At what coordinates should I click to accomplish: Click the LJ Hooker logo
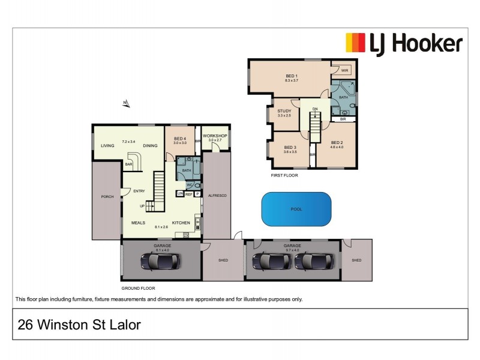pyautogui.click(x=403, y=43)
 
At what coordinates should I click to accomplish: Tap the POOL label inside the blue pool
pyautogui.click(x=296, y=209)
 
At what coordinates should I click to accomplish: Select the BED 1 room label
pyautogui.click(x=292, y=76)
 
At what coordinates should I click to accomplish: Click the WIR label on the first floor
pyautogui.click(x=344, y=70)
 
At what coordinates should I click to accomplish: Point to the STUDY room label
pyautogui.click(x=284, y=110)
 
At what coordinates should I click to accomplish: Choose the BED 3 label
pyautogui.click(x=290, y=147)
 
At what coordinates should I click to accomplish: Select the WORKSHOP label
pyautogui.click(x=215, y=136)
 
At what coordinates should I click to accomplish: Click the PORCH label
pyautogui.click(x=107, y=196)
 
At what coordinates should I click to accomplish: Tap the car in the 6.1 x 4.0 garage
pyautogui.click(x=159, y=260)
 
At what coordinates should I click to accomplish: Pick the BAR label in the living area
pyautogui.click(x=128, y=163)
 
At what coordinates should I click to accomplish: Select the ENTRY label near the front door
pyautogui.click(x=139, y=191)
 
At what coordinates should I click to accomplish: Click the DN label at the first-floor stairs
pyautogui.click(x=314, y=109)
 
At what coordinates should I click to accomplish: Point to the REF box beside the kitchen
pyautogui.click(x=188, y=194)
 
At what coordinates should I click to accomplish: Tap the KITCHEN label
pyautogui.click(x=181, y=223)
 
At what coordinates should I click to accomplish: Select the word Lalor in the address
pyautogui.click(x=122, y=325)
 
